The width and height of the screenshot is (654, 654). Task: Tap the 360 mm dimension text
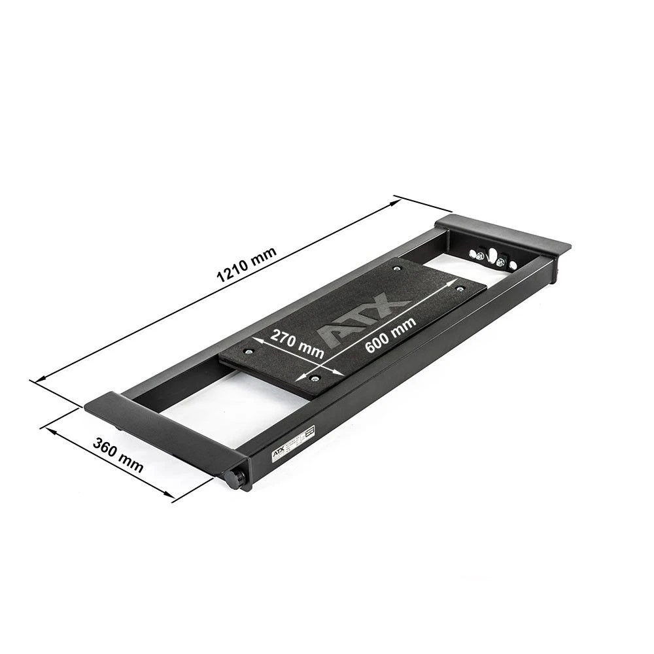pyautogui.click(x=118, y=455)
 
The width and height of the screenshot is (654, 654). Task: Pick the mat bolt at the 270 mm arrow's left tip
pyautogui.click(x=248, y=352)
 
